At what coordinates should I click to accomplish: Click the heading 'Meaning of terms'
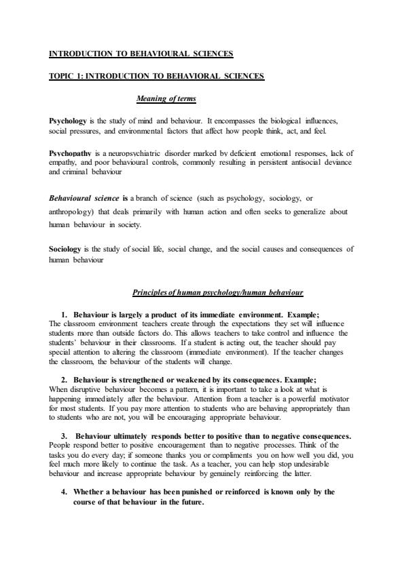click(166, 99)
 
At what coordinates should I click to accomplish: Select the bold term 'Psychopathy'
click(69, 153)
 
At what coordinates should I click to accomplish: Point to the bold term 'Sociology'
click(65, 249)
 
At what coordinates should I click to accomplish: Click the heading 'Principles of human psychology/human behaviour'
click(217, 292)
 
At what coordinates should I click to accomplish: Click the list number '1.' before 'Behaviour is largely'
click(65, 315)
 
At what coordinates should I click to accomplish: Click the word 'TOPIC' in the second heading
click(62, 76)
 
